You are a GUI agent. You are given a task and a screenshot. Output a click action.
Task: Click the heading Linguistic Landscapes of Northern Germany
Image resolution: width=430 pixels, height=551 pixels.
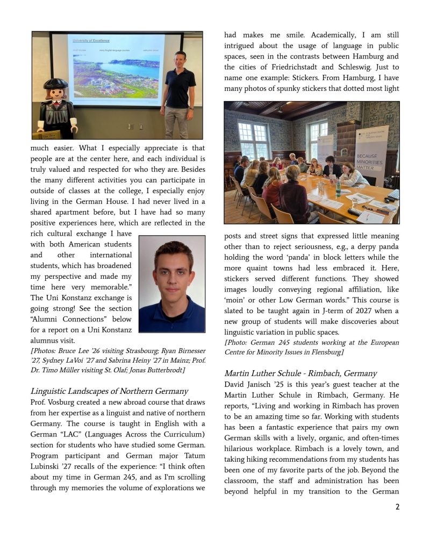109,391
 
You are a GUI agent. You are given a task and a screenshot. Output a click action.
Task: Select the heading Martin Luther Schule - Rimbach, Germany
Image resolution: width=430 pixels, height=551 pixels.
300,373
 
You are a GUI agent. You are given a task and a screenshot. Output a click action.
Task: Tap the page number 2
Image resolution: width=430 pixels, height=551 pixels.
397,507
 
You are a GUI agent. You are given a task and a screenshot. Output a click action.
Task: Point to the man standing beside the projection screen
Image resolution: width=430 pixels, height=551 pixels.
179,89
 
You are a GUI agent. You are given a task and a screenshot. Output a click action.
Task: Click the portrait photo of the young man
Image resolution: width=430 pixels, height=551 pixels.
172,284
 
